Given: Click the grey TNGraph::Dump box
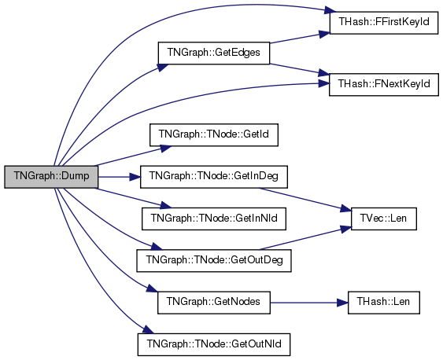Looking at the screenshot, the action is point(51,177).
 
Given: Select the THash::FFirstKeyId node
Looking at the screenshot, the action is point(384,23).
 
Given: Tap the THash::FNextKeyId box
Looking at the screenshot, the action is point(384,85).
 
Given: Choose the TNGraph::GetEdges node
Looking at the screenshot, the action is point(214,53).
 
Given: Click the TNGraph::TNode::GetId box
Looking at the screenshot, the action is point(214,135).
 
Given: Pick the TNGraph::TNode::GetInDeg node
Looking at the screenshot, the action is point(214,177).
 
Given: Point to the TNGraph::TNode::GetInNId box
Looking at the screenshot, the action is point(214,219).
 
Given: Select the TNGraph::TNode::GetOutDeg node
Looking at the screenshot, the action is point(214,261).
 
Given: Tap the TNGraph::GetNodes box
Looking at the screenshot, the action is point(214,303).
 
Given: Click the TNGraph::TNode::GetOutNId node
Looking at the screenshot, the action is point(214,344).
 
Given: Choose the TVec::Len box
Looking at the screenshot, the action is point(384,219).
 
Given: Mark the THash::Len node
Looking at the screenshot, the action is point(384,303).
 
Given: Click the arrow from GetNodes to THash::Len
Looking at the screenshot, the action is point(309,303).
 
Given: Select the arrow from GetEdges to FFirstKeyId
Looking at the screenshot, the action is point(300,38).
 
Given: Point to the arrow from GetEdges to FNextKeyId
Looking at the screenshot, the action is point(300,70).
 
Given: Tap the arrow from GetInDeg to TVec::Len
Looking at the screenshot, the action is point(305,200).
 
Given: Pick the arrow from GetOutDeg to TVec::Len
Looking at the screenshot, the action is point(305,238).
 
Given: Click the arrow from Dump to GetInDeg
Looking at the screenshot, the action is point(120,177).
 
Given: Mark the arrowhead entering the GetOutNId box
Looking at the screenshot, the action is point(149,329).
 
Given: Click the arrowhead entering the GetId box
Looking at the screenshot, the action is point(165,148).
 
